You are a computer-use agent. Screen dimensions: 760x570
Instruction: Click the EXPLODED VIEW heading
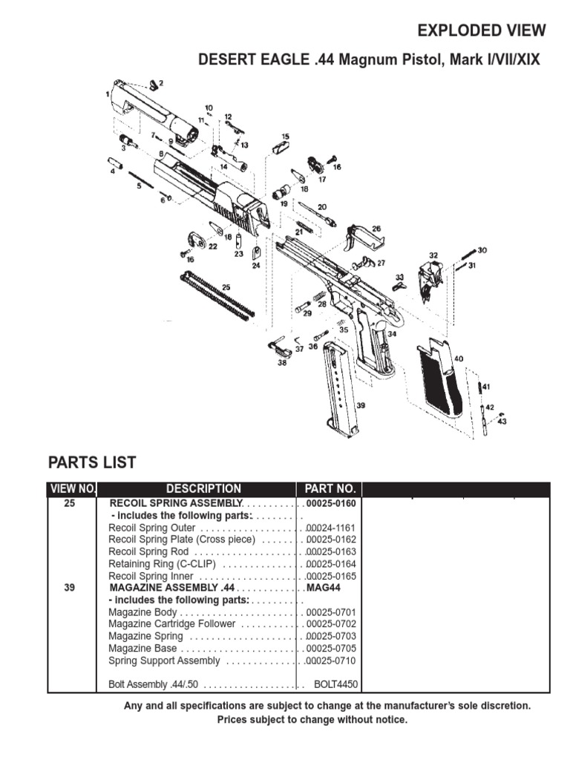482,30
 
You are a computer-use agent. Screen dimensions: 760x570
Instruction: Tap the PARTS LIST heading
92,462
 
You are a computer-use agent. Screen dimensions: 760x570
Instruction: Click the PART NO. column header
330,489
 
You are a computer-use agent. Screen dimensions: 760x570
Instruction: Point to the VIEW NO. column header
73,489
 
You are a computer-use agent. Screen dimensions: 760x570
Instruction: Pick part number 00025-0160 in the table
332,503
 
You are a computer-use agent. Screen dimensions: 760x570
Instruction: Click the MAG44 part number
322,588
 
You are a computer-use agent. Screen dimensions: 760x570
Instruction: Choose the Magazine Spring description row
145,636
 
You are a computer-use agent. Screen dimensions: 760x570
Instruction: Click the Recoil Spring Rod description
148,551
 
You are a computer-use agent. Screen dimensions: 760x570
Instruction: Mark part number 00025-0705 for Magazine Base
332,648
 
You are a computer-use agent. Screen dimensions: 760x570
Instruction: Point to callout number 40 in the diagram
459,358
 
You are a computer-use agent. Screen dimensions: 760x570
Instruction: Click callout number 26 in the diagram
376,229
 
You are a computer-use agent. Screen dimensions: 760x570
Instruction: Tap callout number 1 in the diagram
108,94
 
